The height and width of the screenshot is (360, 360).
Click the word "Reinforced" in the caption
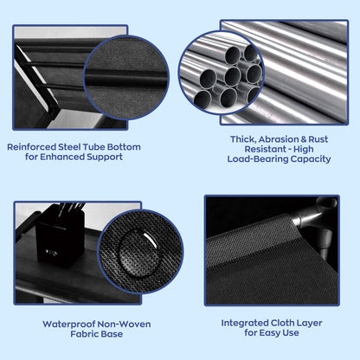(x=32, y=147)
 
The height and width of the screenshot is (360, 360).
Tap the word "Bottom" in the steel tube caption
(x=124, y=147)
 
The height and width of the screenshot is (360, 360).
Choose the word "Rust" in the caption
(x=318, y=139)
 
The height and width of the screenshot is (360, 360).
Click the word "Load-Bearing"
(x=257, y=159)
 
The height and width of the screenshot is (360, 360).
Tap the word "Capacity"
(x=311, y=159)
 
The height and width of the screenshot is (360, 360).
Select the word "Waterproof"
(x=68, y=325)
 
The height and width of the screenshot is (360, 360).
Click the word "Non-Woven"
(x=124, y=325)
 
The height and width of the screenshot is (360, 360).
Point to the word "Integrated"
(x=245, y=323)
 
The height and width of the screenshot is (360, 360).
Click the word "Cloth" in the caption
(x=282, y=323)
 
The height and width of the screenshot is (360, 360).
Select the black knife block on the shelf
(x=60, y=236)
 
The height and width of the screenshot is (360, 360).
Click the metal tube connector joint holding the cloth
(x=315, y=223)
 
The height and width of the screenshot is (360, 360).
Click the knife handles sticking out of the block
(x=72, y=209)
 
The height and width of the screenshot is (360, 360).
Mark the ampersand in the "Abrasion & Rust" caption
(x=304, y=139)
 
